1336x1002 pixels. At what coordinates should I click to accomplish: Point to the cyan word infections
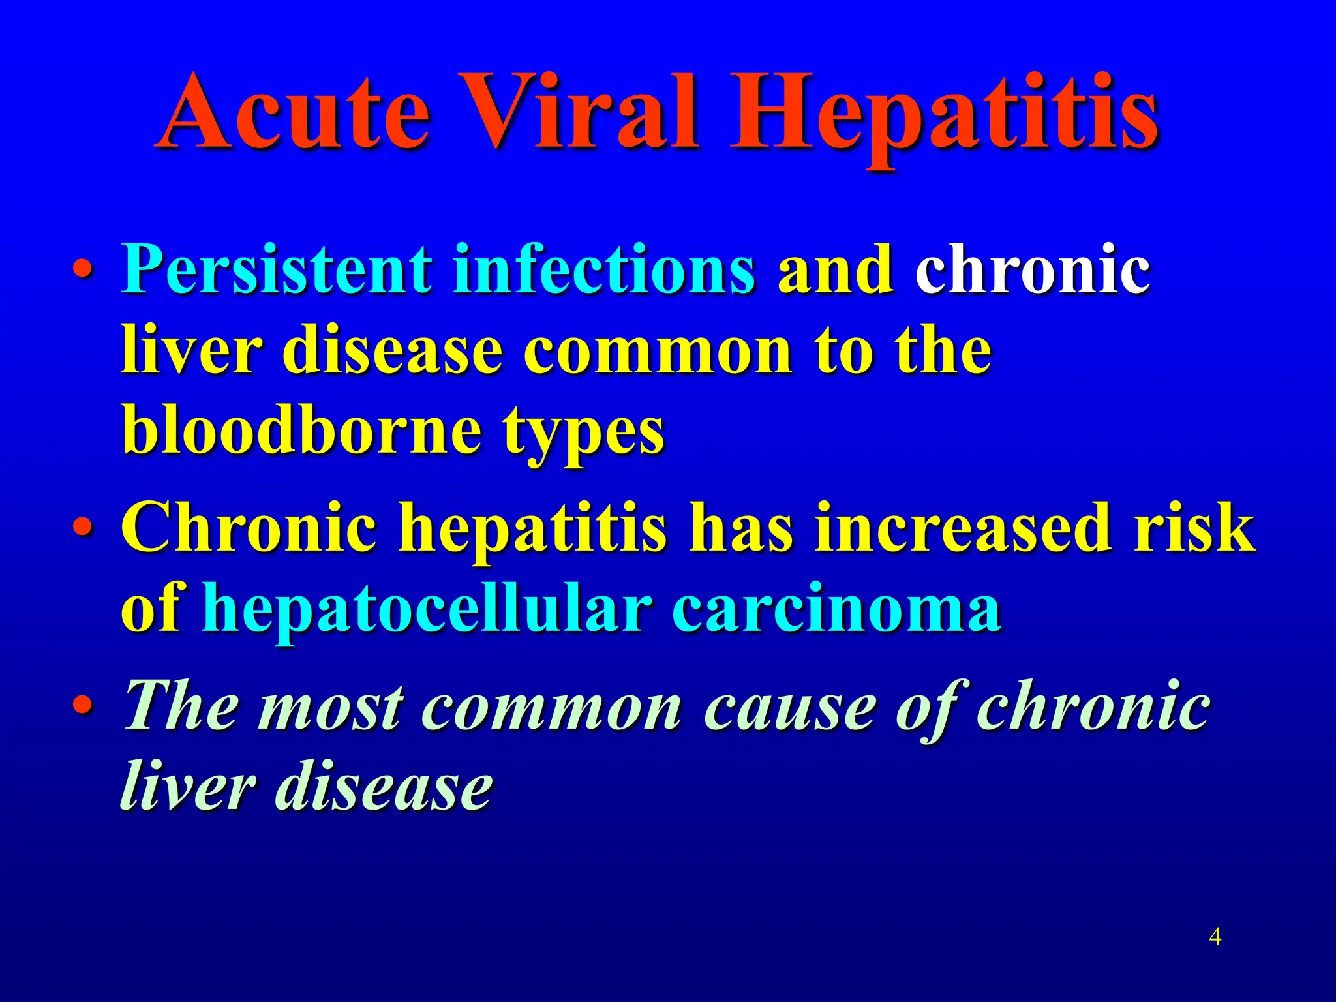pos(603,269)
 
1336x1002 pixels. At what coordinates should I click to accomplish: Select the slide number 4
pos(1215,937)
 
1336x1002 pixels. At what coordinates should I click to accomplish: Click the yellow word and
pos(835,269)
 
